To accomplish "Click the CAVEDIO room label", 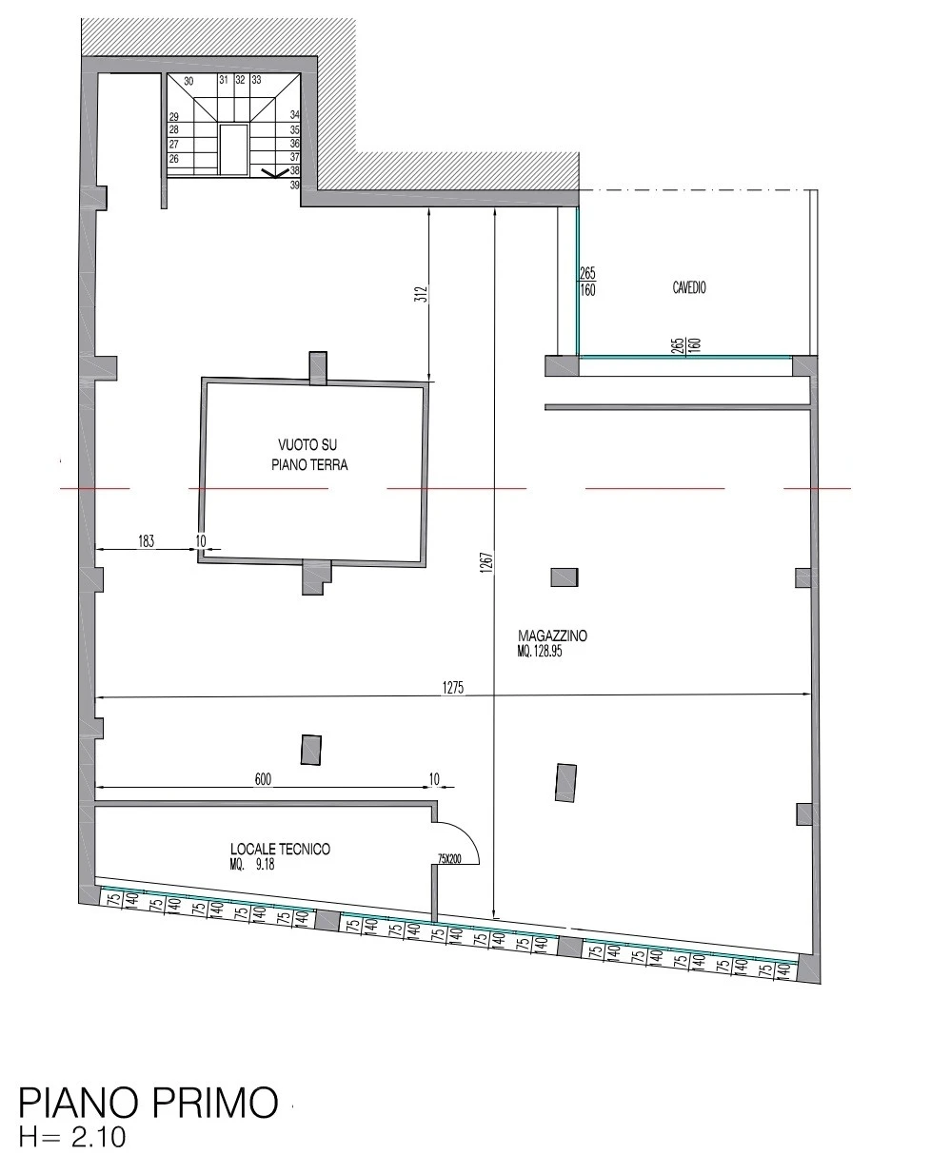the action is pyautogui.click(x=689, y=287).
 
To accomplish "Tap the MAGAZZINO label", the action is pyautogui.click(x=552, y=636).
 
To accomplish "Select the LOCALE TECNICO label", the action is pyautogui.click(x=280, y=849).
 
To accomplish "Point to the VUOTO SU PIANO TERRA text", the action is pyautogui.click(x=309, y=455).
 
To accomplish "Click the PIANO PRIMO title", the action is pyautogui.click(x=149, y=1103).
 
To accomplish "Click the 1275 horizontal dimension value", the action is pyautogui.click(x=453, y=688).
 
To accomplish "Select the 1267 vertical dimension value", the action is pyautogui.click(x=487, y=562).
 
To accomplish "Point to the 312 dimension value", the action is pyautogui.click(x=421, y=295).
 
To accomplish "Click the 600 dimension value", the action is pyautogui.click(x=263, y=779).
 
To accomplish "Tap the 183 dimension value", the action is pyautogui.click(x=147, y=541).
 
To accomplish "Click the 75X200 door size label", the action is pyautogui.click(x=449, y=859).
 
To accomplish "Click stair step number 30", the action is pyautogui.click(x=188, y=81).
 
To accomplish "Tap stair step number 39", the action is pyautogui.click(x=295, y=185).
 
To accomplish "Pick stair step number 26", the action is pyautogui.click(x=173, y=159).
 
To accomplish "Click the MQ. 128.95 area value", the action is pyautogui.click(x=540, y=652).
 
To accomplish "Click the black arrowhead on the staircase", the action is pyautogui.click(x=275, y=173).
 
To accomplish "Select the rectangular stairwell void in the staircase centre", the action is pyautogui.click(x=234, y=149).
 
